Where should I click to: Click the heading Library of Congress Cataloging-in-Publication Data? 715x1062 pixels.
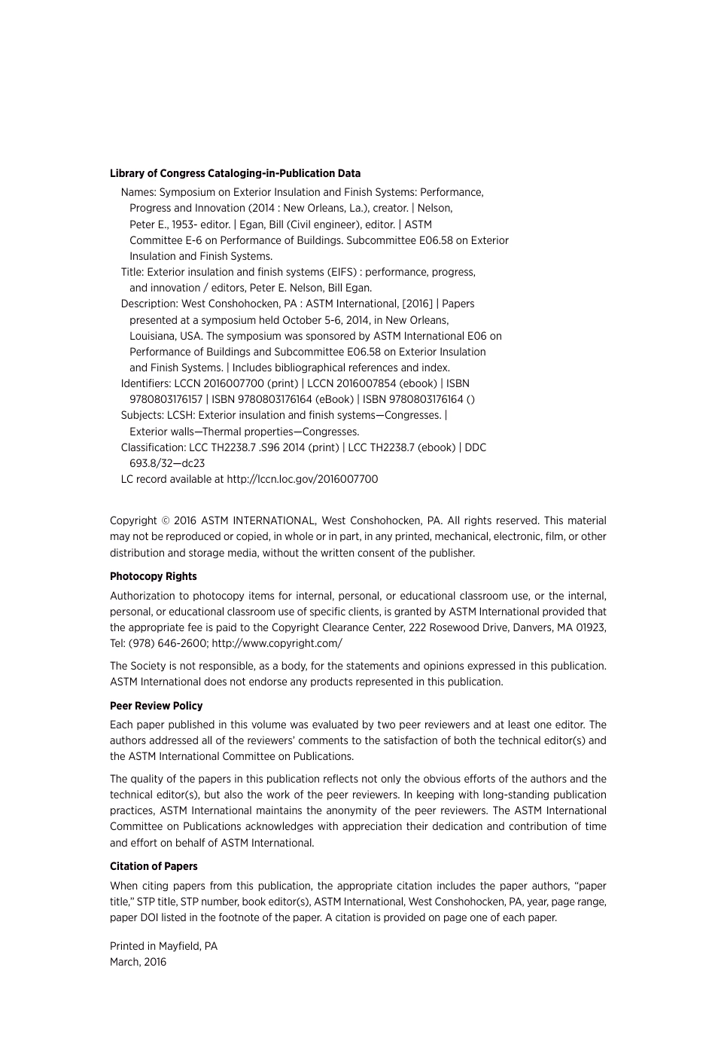235,173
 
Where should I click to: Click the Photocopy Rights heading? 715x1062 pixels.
153,576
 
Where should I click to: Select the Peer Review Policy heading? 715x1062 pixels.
156,706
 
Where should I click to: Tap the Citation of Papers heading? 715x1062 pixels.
154,866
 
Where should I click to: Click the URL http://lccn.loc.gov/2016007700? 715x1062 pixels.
302,479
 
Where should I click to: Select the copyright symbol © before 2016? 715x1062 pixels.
165,520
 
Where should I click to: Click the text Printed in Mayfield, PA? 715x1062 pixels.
163,946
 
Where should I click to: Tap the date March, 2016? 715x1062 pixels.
138,962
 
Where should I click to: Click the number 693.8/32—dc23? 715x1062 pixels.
166,463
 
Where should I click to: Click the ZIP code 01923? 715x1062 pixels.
592,627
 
